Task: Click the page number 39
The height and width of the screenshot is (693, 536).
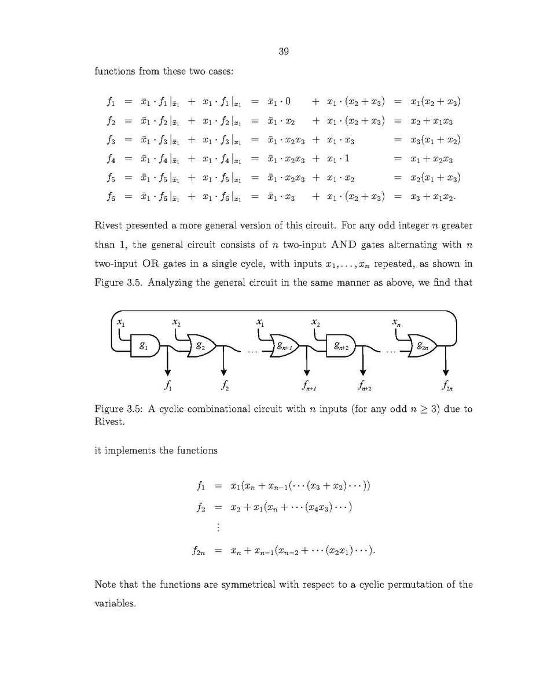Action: point(283,52)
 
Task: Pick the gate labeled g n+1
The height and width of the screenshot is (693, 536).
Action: point(285,346)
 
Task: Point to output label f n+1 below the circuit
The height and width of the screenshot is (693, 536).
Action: point(307,384)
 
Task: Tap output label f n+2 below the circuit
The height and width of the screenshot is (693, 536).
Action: point(364,384)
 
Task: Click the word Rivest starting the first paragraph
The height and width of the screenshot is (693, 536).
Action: point(111,226)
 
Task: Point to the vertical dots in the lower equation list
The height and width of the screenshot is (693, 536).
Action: point(218,527)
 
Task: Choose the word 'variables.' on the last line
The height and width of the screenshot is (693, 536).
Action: point(115,603)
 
